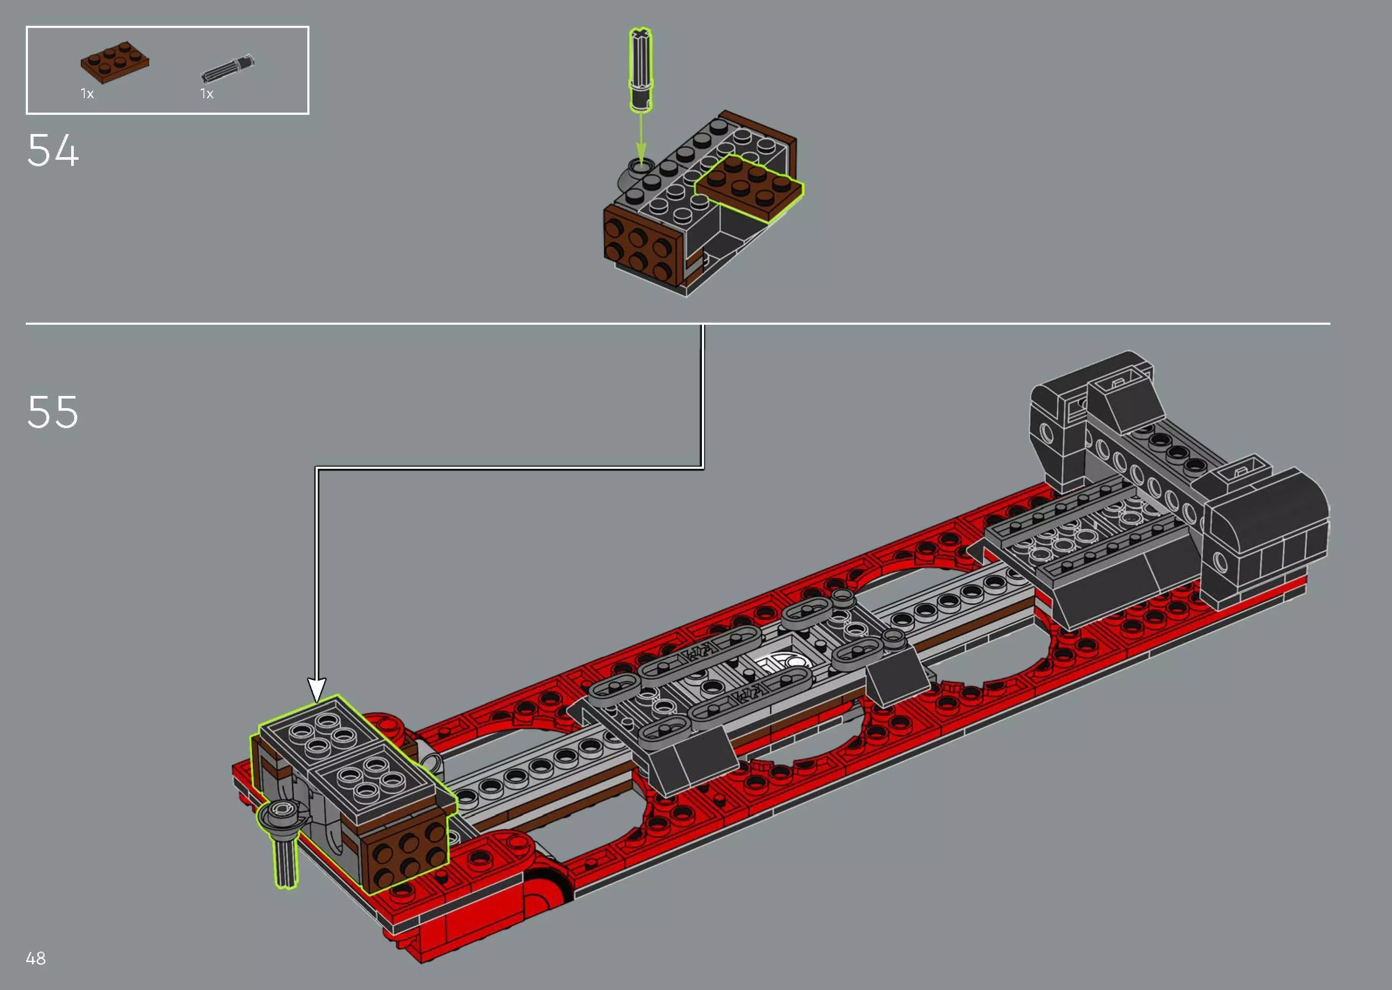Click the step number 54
(x=53, y=151)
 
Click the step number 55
(x=53, y=412)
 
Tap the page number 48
(x=36, y=958)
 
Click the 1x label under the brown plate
(x=87, y=94)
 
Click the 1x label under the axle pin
(x=206, y=94)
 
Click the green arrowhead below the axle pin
(x=640, y=152)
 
